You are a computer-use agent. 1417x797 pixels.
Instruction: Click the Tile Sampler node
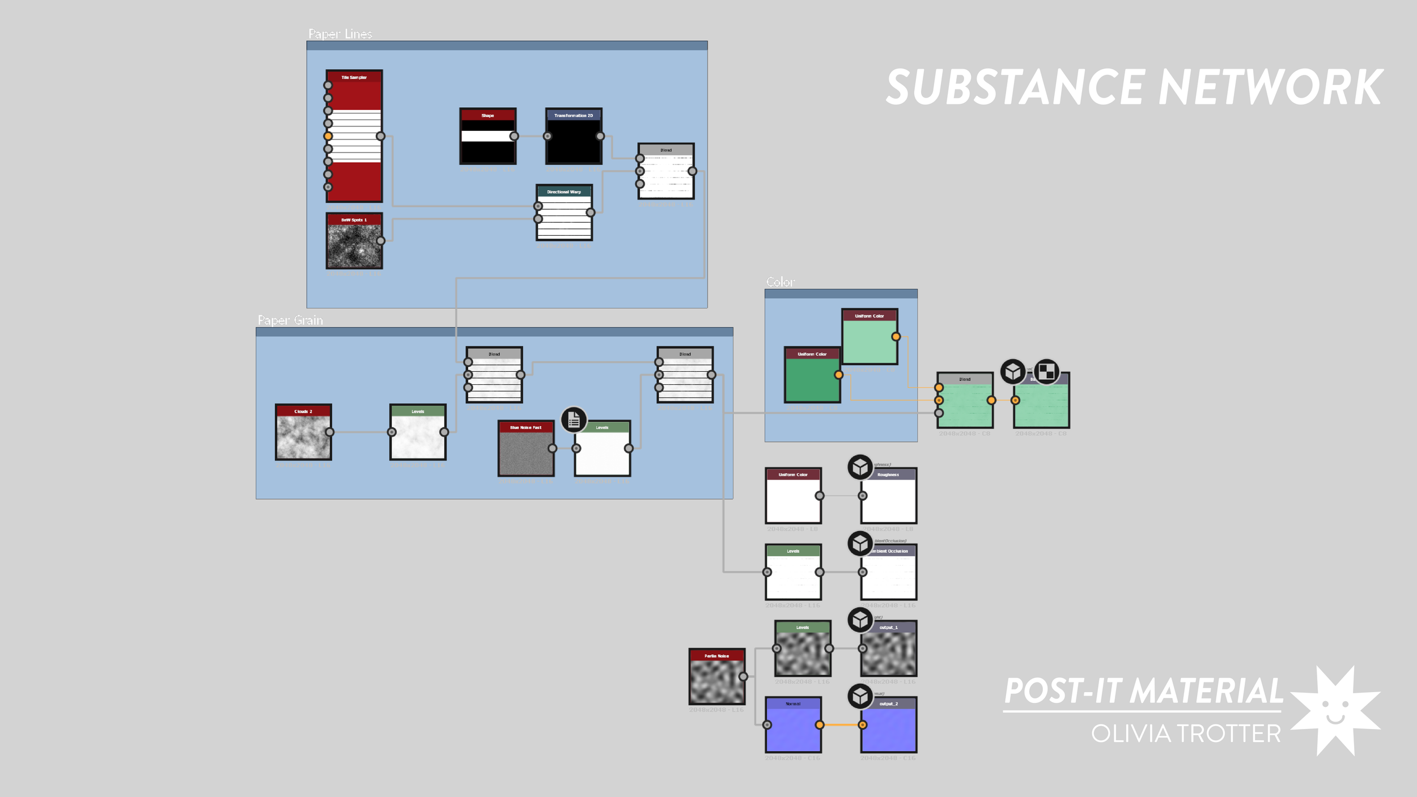pyautogui.click(x=354, y=136)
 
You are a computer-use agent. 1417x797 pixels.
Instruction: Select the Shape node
pyautogui.click(x=487, y=136)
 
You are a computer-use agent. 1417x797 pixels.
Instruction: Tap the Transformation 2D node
pyautogui.click(x=574, y=136)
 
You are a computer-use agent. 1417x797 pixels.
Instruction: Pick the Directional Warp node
pyautogui.click(x=564, y=213)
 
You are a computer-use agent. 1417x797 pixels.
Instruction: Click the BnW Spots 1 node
pyautogui.click(x=354, y=241)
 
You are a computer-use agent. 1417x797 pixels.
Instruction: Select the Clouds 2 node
pyautogui.click(x=303, y=432)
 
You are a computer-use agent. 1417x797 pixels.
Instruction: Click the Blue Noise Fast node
pyautogui.click(x=525, y=448)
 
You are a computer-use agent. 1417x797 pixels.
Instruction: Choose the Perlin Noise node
pyautogui.click(x=716, y=676)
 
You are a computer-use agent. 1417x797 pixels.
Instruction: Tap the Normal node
pyautogui.click(x=793, y=724)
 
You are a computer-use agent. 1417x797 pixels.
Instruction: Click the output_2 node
pyautogui.click(x=888, y=724)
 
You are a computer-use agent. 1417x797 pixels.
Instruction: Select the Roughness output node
pyautogui.click(x=888, y=495)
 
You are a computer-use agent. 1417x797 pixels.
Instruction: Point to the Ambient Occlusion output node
pyautogui.click(x=888, y=572)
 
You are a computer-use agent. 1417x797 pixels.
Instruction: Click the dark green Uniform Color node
pyautogui.click(x=812, y=375)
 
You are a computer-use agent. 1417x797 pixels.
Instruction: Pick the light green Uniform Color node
pyautogui.click(x=869, y=337)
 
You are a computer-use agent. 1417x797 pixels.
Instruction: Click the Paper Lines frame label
pyautogui.click(x=340, y=34)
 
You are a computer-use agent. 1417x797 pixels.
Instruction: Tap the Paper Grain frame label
pyautogui.click(x=290, y=320)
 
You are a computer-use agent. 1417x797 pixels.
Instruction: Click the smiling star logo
pyautogui.click(x=1335, y=711)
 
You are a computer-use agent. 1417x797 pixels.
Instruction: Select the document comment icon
pyautogui.click(x=574, y=420)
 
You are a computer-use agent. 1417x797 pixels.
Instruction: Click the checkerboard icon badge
pyautogui.click(x=1046, y=372)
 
